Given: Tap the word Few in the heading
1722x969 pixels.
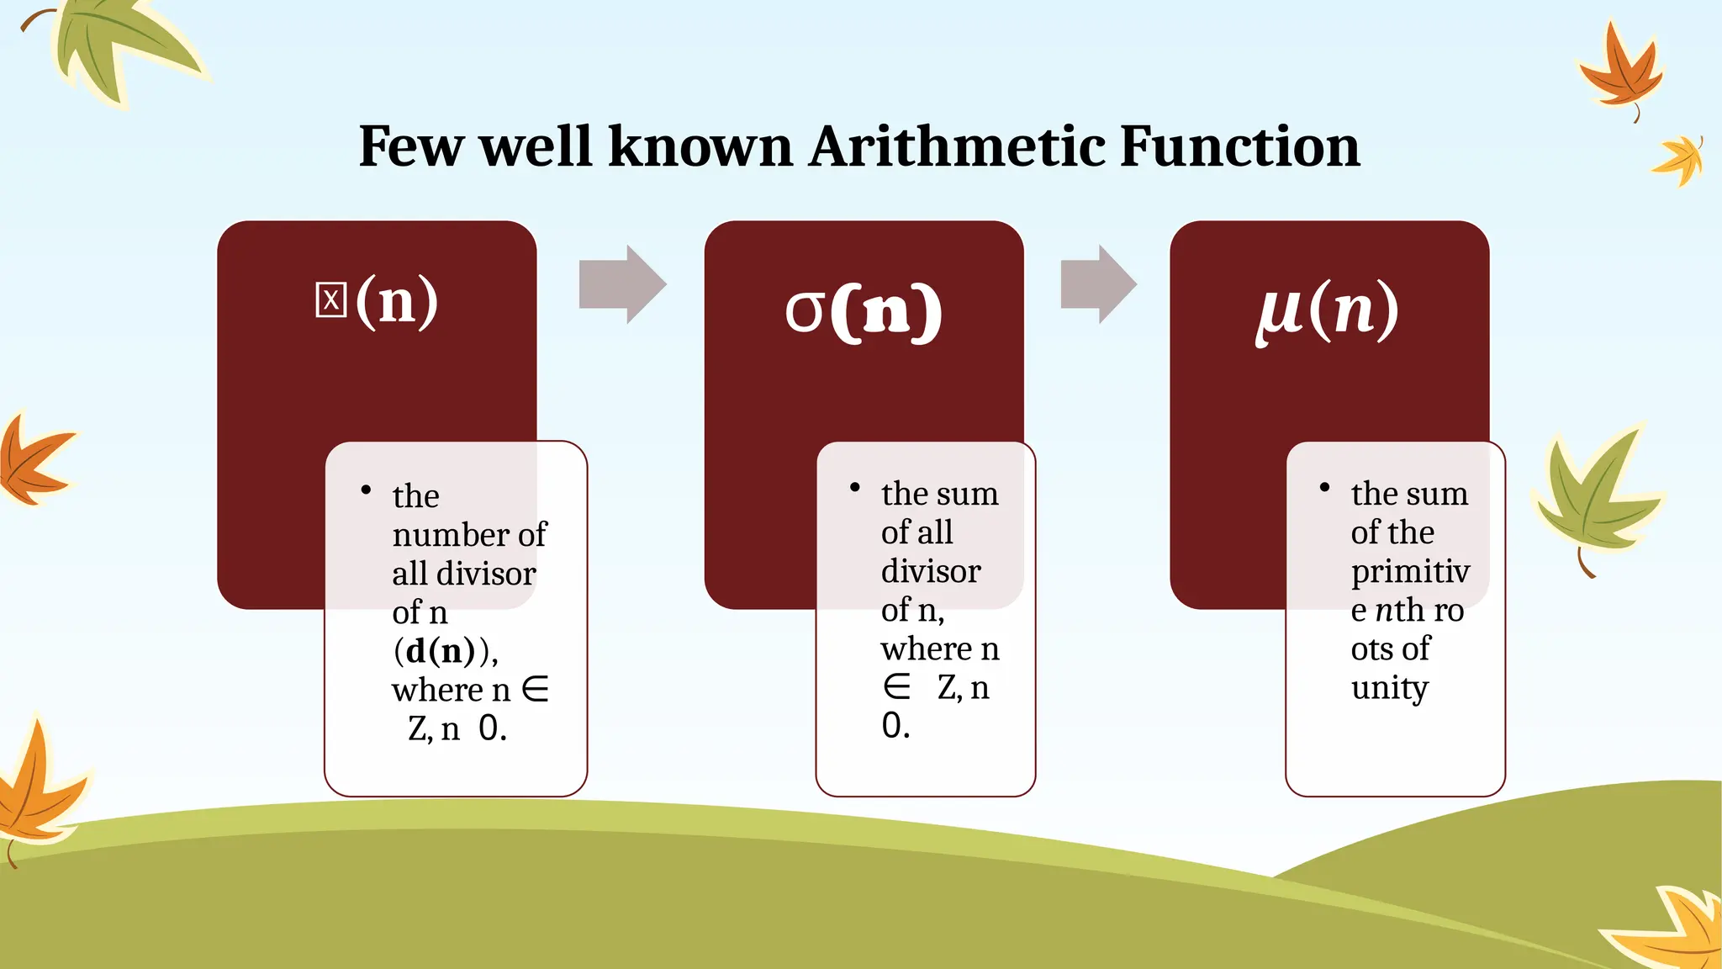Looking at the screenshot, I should coord(410,147).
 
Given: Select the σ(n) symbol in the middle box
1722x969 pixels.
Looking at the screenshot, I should coord(863,310).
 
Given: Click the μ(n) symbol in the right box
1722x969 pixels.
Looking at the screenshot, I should coord(1327,310).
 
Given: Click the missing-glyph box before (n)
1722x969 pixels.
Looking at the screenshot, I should coord(330,300).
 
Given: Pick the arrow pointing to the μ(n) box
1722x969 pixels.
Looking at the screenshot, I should coord(1098,284).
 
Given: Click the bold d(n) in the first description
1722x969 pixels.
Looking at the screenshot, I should coord(440,651).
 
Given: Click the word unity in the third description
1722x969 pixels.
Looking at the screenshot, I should coord(1389,688).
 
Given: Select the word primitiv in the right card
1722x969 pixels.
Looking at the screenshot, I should coord(1410,571).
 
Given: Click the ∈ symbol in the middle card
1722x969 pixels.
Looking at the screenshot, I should coord(896,688).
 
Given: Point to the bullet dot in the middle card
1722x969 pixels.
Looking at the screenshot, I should coord(854,488).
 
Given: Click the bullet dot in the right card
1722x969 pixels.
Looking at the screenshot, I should coord(1324,488).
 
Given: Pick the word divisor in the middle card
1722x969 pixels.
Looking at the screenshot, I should coord(931,572).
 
